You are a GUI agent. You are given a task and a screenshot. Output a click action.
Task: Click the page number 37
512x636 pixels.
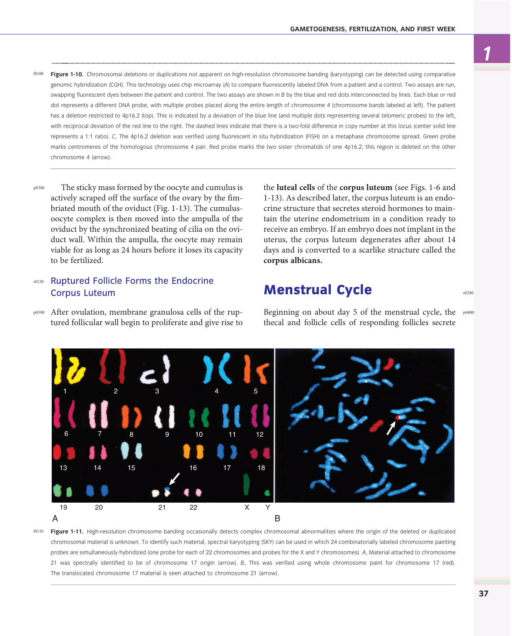point(483,593)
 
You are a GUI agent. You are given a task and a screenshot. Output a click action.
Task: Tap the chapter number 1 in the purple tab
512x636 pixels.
point(487,53)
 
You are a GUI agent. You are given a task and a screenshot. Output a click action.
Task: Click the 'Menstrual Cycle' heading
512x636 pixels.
point(317,290)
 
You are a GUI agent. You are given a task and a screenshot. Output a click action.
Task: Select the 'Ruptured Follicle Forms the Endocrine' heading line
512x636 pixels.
point(132,281)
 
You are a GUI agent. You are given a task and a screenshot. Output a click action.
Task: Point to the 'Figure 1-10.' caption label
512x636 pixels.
point(67,74)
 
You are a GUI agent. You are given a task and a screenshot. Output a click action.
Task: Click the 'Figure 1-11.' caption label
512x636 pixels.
point(67,531)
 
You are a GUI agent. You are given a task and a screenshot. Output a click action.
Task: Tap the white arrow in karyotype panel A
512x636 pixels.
point(175,478)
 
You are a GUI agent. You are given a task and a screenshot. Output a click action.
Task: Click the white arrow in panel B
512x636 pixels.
point(391,428)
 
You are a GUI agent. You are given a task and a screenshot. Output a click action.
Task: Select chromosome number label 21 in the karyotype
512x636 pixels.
point(162,507)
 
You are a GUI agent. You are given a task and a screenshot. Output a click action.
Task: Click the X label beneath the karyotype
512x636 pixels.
point(247,507)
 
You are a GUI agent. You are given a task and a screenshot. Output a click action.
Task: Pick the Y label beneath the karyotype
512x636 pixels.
point(268,507)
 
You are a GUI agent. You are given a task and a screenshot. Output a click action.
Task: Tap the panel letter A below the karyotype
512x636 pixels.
point(55,518)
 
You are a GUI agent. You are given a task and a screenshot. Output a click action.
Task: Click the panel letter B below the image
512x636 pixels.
point(277,518)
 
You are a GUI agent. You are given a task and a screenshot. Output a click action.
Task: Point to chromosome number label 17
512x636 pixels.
point(227,468)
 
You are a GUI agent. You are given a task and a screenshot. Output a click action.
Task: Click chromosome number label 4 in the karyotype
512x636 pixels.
point(216,391)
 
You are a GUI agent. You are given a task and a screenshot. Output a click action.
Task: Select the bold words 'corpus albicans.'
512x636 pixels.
point(293,260)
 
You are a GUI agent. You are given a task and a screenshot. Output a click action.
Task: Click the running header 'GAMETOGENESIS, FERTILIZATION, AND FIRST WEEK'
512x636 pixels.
point(372,29)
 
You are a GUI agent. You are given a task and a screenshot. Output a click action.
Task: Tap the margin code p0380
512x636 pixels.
point(39,188)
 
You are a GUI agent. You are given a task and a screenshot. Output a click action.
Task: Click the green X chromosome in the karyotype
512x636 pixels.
point(247,484)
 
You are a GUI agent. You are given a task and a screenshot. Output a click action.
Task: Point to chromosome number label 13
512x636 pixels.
point(63,468)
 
